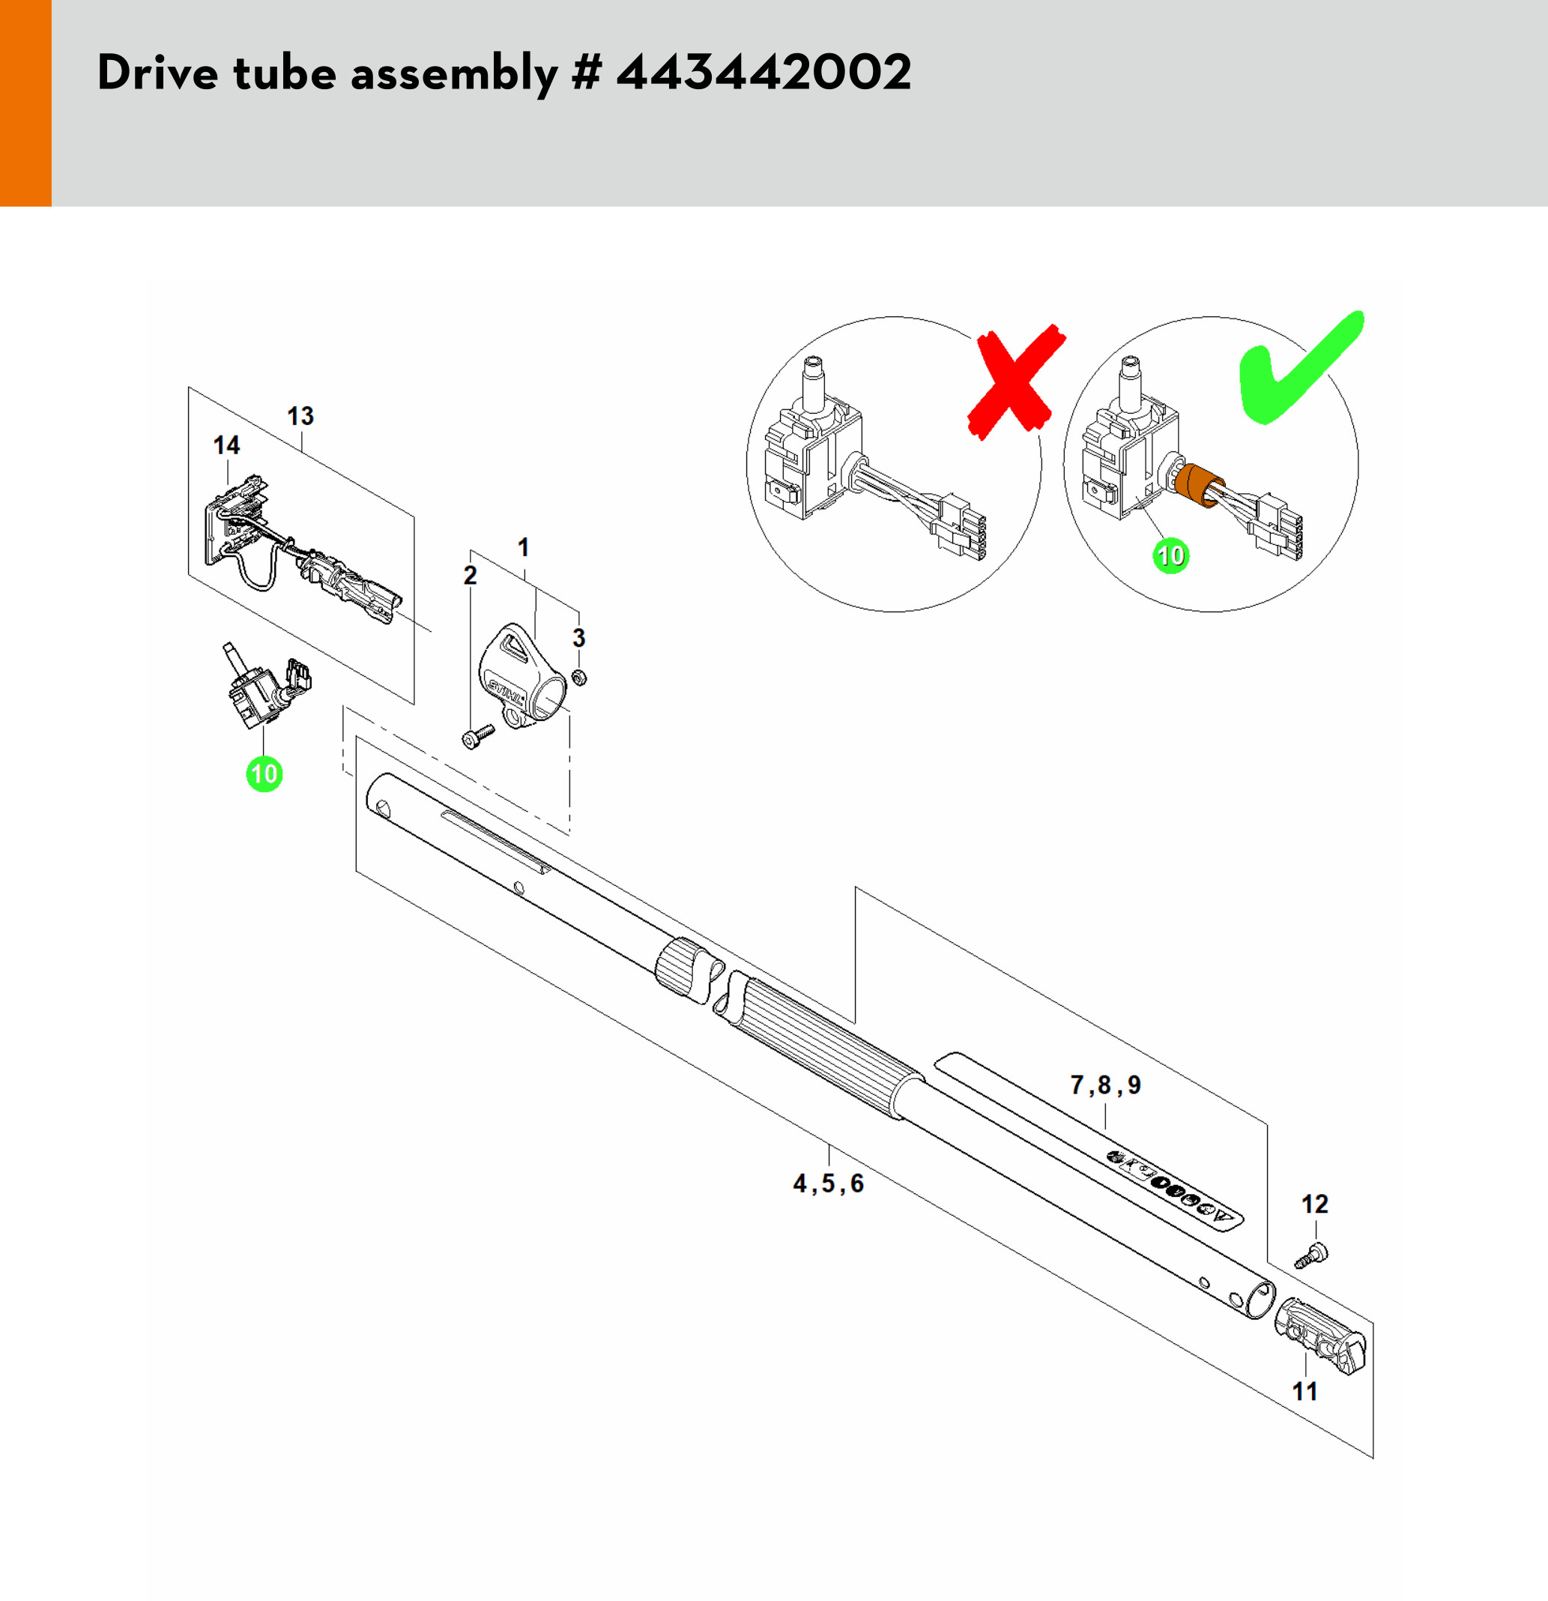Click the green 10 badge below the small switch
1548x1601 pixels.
tap(264, 774)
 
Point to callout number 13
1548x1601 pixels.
tap(300, 416)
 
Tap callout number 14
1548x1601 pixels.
tap(226, 445)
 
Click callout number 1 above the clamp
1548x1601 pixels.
tap(523, 547)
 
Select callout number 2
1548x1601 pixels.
tap(471, 575)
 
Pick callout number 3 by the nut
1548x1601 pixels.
tap(579, 638)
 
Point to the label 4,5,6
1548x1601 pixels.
tap(828, 1183)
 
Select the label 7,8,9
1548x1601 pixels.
tap(1105, 1085)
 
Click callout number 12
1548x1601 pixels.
tap(1314, 1204)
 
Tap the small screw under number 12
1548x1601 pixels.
tap(1311, 1255)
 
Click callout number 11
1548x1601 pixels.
tap(1304, 1391)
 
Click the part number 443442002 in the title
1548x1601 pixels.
tap(764, 73)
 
